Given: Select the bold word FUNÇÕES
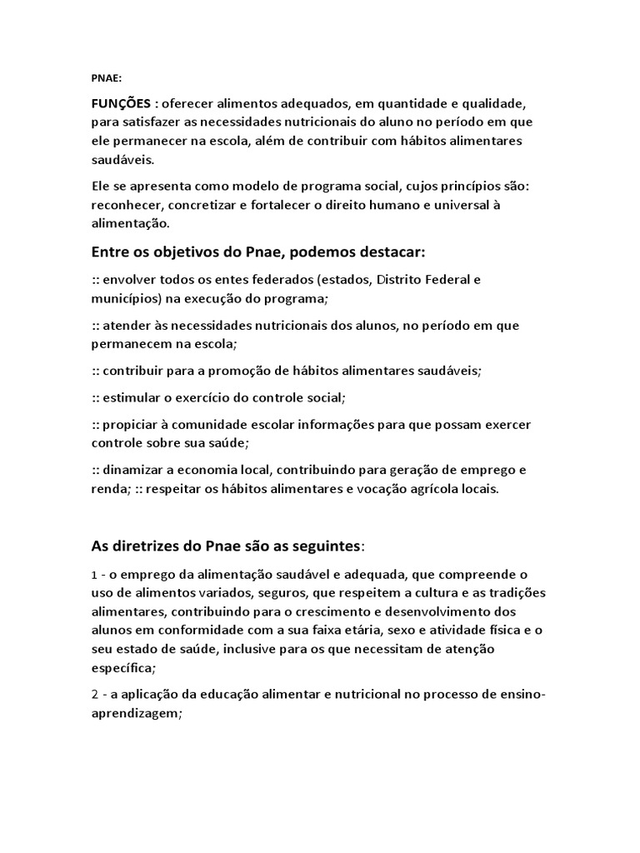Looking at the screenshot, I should point(122,104).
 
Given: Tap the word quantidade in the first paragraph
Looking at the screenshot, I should point(398,104).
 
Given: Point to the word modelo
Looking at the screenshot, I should point(233,186).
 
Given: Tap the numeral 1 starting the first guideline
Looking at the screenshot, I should point(94,576).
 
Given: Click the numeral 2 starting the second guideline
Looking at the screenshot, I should point(95,694).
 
